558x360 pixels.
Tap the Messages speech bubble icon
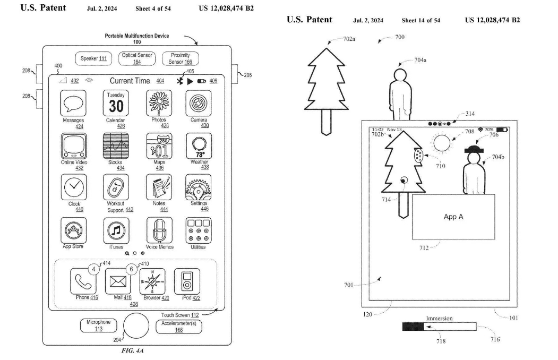pyautogui.click(x=73, y=103)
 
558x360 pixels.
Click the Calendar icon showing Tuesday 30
pyautogui.click(x=116, y=103)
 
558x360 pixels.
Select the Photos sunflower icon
pyautogui.click(x=159, y=103)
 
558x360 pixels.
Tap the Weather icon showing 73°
pyautogui.click(x=199, y=146)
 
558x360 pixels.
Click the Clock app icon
pyautogui.click(x=74, y=187)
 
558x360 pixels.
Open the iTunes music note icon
pyautogui.click(x=116, y=230)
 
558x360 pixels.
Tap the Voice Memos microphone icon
pyautogui.click(x=159, y=230)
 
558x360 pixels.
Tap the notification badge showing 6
pyautogui.click(x=131, y=269)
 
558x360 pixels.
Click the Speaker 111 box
pyautogui.click(x=93, y=59)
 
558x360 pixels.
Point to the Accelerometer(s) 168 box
pyautogui.click(x=178, y=327)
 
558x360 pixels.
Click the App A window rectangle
pyautogui.click(x=453, y=217)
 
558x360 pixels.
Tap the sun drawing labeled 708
pyautogui.click(x=442, y=143)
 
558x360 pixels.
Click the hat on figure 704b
pyautogui.click(x=474, y=149)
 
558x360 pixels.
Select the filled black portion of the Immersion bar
pyautogui.click(x=413, y=327)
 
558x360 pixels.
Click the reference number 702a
pyautogui.click(x=349, y=39)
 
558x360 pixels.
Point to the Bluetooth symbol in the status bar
pyautogui.click(x=179, y=81)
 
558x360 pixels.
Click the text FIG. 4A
pyautogui.click(x=132, y=350)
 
